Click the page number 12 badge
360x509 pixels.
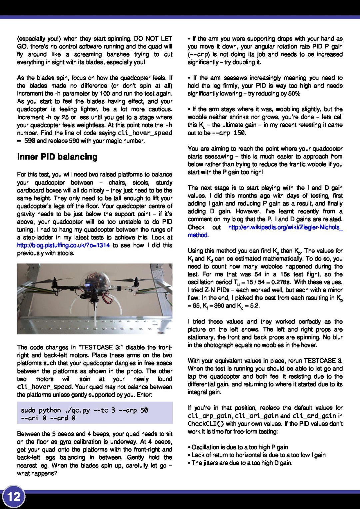click(14, 497)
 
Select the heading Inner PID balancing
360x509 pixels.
click(57, 157)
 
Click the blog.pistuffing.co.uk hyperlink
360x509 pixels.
click(63, 246)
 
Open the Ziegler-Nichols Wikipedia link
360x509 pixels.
click(285, 228)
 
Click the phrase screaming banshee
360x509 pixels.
click(100, 54)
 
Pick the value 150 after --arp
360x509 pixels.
click(239, 133)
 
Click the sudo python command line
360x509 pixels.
click(84, 410)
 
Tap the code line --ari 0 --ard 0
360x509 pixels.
click(48, 418)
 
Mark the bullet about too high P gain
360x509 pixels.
click(239, 447)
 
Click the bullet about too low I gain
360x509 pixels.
click(258, 455)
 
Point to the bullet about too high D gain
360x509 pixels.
click(242, 463)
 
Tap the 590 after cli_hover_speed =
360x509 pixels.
click(29, 141)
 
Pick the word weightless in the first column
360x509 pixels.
click(90, 125)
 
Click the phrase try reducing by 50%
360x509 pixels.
click(274, 94)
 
